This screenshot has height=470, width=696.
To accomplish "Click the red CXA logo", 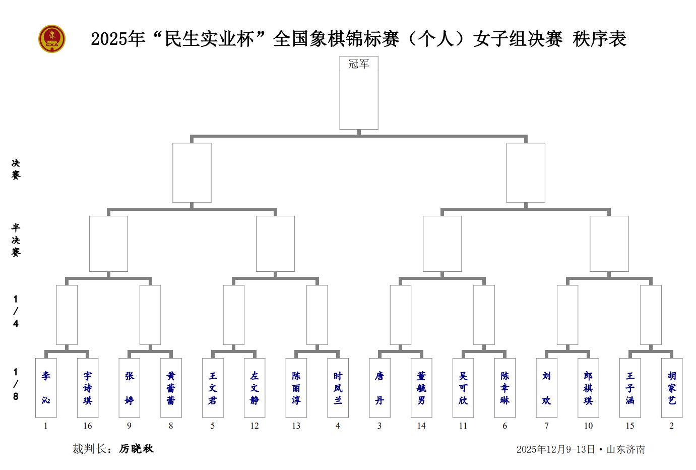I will point(52,39).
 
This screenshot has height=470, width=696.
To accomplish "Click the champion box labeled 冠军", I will point(358,93).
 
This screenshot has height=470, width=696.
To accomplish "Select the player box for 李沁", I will point(46,388).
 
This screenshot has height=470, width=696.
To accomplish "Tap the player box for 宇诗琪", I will point(88,388).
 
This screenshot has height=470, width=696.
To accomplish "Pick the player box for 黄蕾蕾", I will point(171,388).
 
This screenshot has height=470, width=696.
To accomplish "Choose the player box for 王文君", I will point(213,388).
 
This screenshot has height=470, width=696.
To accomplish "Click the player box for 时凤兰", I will point(338,388).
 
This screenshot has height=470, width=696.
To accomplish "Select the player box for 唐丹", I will point(379,388).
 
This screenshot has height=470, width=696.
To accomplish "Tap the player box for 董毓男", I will point(421,388).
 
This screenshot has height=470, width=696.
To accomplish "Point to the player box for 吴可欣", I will point(463,388).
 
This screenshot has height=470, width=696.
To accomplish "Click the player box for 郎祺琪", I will point(588,388).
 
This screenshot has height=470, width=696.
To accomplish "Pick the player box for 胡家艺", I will point(671,388).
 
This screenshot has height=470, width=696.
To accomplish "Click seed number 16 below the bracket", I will point(88,426).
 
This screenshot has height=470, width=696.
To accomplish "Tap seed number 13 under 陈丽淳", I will point(296,426).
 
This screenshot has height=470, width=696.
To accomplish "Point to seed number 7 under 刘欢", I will point(546,426).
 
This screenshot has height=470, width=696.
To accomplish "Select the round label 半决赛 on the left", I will point(16,240).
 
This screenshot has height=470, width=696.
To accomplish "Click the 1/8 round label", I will point(16,384).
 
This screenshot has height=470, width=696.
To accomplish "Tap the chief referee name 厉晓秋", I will point(136,449).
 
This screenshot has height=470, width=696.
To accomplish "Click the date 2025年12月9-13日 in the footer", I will point(555,449).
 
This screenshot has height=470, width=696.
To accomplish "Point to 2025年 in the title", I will point(118,39).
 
